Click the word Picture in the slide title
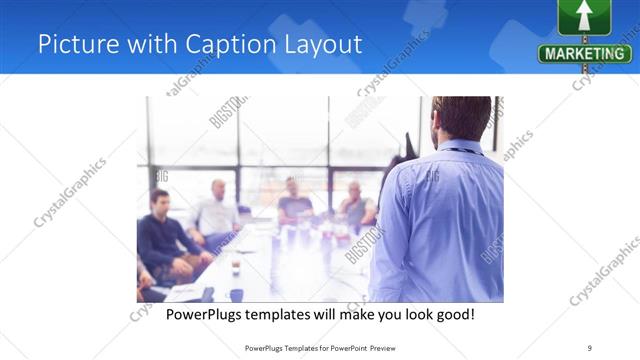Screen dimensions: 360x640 (71, 44)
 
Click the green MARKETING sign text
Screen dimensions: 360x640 (585, 53)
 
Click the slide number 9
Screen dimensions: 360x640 (589, 347)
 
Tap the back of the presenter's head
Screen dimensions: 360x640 (461, 118)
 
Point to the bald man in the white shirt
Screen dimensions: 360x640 (216, 210)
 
